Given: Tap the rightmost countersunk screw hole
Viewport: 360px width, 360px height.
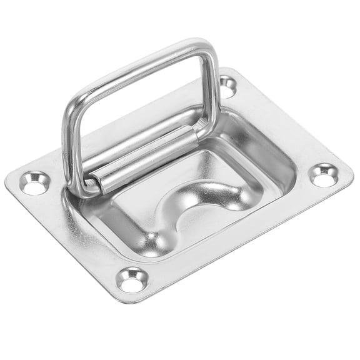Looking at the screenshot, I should pos(324,175).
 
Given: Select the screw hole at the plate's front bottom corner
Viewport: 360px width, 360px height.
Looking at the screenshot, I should pos(132,279).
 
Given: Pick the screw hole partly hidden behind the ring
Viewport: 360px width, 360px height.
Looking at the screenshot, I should pos(227,86).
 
